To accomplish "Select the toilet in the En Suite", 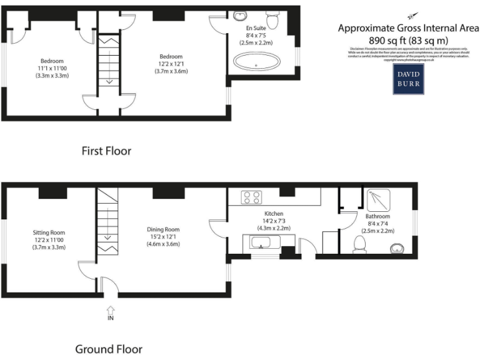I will [272, 16].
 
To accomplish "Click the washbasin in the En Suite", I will [241, 16].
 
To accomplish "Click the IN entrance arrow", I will [111, 311].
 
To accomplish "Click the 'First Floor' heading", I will [106, 151].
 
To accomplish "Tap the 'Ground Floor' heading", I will [108, 349].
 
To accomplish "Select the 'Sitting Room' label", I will [49, 232].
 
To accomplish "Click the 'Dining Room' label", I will [163, 229].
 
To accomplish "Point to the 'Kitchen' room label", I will [274, 213].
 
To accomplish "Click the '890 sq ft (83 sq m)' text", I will [408, 39].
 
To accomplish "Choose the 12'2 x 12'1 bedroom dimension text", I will [171, 64].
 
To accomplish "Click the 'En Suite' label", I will [256, 29].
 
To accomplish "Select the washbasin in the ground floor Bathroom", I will [397, 248].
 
